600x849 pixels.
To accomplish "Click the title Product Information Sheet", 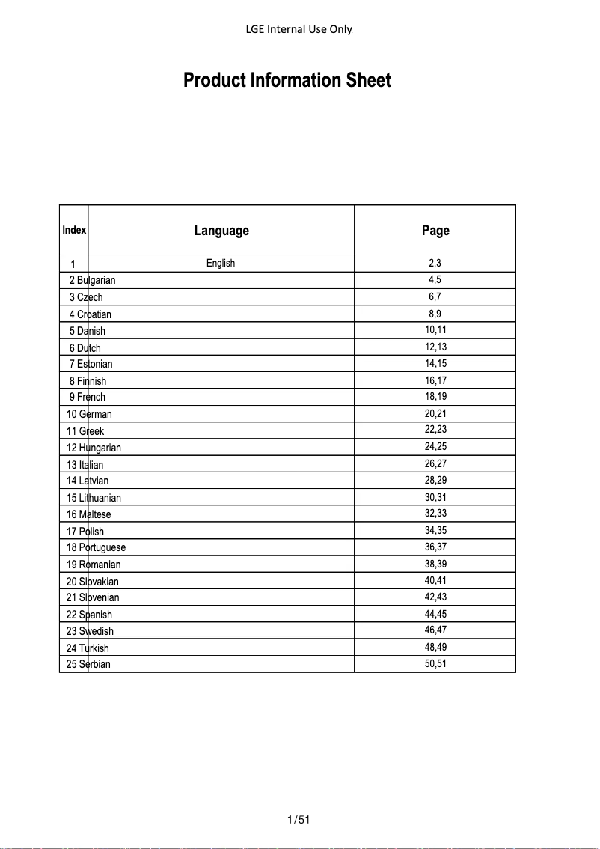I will [287, 81].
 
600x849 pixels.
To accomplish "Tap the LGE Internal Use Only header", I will [299, 29].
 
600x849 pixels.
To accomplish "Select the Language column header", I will [221, 231].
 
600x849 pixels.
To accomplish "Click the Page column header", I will [435, 231].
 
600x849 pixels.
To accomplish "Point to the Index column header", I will [74, 230].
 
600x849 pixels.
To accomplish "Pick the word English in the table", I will [221, 263].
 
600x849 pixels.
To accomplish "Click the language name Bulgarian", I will [97, 281].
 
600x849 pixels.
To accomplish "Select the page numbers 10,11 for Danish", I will [435, 330].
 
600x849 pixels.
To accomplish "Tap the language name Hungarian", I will [100, 448].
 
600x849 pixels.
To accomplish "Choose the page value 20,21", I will [435, 413].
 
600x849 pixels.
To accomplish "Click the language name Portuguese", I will [102, 548].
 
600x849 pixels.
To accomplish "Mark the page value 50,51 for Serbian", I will [435, 663].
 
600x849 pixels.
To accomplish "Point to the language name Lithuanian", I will [100, 498].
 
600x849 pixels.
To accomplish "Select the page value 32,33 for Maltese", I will [435, 514].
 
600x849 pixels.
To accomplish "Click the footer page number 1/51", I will [299, 820].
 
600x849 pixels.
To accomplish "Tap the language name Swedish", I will [97, 631].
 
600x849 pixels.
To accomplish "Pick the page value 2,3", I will [435, 263].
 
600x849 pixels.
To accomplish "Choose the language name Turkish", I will [94, 648].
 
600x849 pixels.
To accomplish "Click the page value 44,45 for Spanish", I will [435, 614].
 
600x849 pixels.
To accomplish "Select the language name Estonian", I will [95, 364].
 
